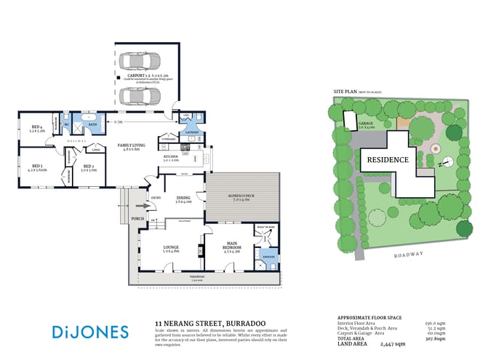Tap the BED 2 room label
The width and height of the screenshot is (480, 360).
point(89,167)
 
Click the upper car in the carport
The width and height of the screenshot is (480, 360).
point(141,61)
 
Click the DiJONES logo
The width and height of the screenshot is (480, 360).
point(90,332)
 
